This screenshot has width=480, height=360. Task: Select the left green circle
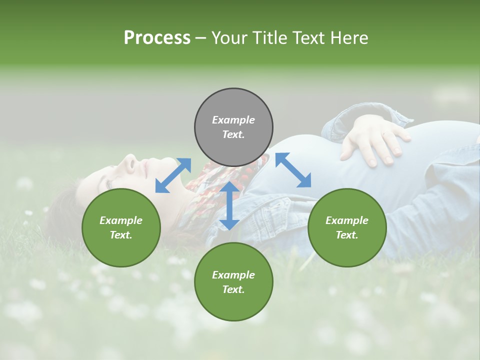coord(121,227)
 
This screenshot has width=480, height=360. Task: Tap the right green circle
coord(347,227)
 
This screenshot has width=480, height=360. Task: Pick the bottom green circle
coord(233,282)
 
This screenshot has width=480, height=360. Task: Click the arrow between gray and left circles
coord(173,175)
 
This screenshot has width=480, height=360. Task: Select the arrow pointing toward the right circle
coord(293,170)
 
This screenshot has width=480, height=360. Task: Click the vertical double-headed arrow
coord(229,205)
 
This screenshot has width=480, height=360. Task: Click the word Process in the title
coord(157,37)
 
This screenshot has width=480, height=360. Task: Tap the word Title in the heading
coord(269,37)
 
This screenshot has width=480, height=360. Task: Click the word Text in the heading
coord(308,37)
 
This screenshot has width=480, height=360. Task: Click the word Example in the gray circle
coord(233,120)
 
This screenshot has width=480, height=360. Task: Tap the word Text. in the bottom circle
coord(233,289)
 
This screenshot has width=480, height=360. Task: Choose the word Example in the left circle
coord(121,220)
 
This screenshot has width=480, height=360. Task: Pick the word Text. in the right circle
coord(347,235)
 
